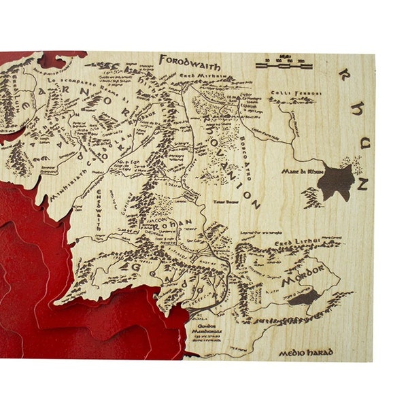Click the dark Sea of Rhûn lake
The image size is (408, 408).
[336, 181]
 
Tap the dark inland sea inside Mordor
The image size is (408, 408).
[303, 297]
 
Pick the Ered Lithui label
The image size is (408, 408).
[293, 243]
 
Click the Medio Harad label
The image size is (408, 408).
[303, 353]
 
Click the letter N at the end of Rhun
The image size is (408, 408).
[362, 184]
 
